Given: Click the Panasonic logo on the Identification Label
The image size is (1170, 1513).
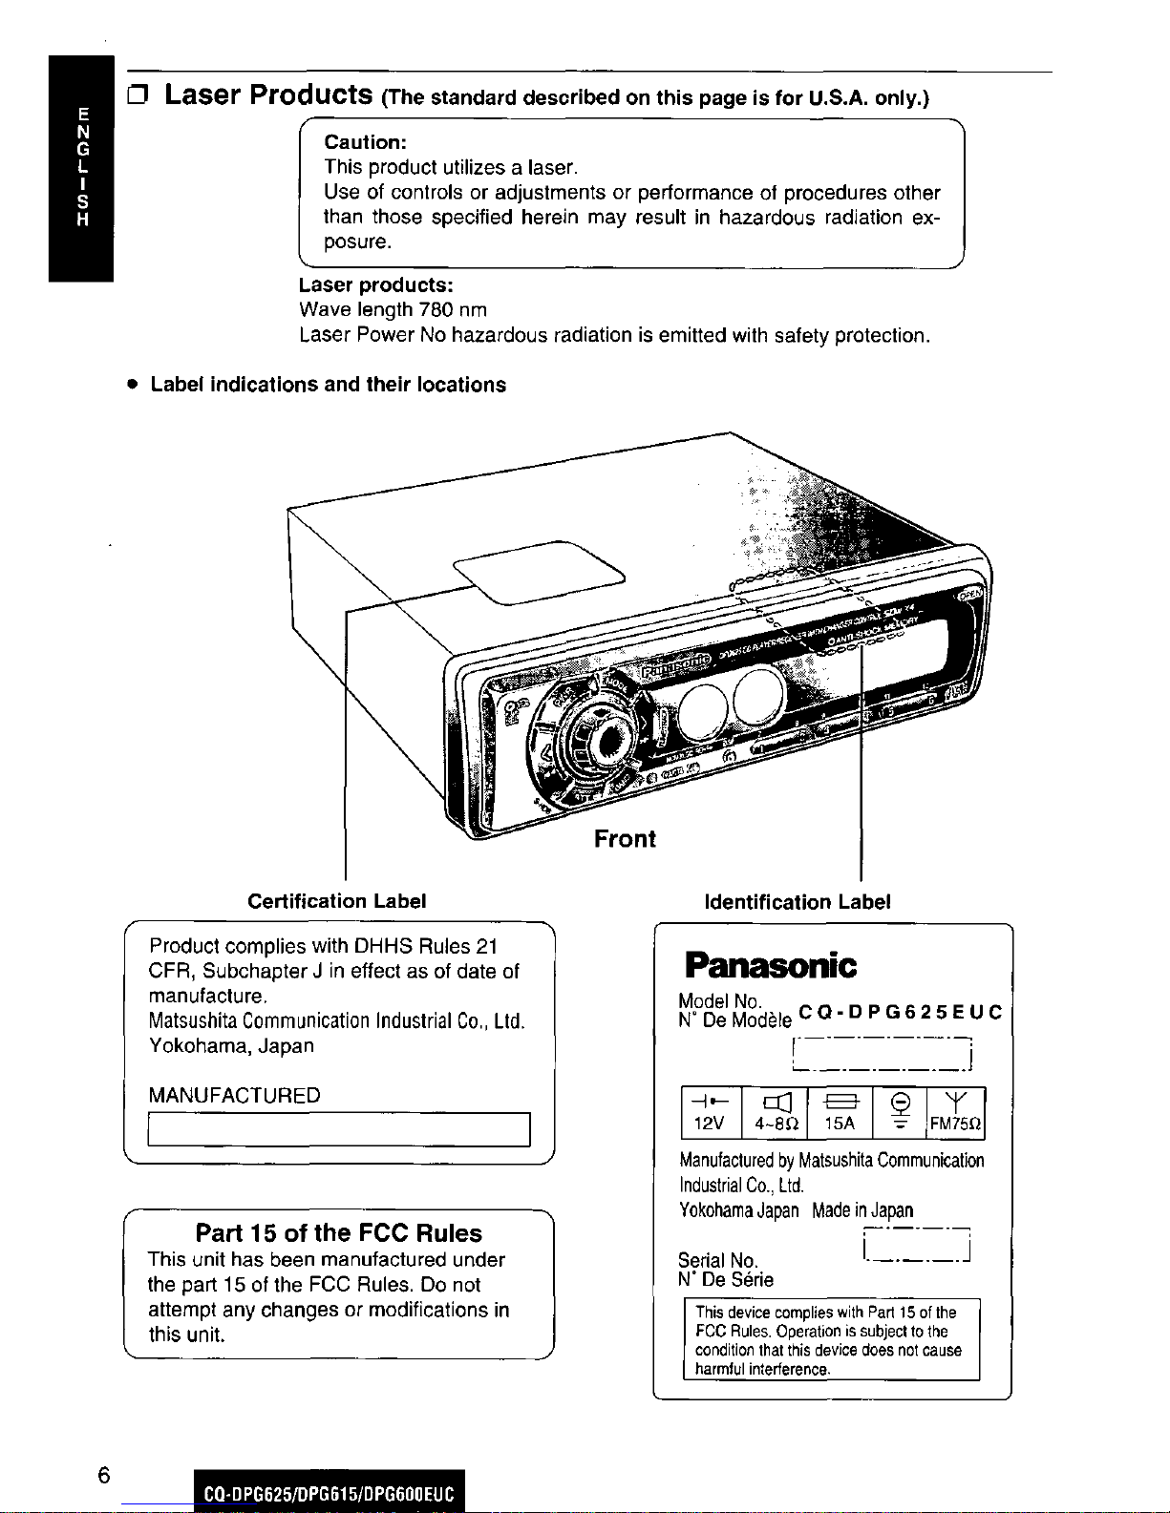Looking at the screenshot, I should click(x=770, y=965).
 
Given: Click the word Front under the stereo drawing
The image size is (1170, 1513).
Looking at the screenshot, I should click(x=625, y=839).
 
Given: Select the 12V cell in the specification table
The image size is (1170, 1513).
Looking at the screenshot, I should click(x=710, y=1113).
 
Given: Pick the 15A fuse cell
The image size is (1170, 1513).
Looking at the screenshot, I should click(x=840, y=1113).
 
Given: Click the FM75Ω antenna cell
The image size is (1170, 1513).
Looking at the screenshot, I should click(x=955, y=1113).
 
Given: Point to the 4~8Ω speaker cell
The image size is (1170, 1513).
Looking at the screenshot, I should click(x=775, y=1113).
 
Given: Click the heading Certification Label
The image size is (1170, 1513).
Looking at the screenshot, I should click(x=336, y=901).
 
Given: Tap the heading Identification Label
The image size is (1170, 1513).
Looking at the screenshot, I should click(x=797, y=902).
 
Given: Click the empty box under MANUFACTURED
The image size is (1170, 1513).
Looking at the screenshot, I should click(x=339, y=1129).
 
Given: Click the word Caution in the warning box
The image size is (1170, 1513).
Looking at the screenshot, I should click(x=366, y=142).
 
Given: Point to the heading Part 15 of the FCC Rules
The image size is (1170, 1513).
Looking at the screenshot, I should click(x=338, y=1232).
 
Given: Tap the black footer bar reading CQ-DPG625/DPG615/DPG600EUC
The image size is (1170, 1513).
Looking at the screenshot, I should click(x=330, y=1493).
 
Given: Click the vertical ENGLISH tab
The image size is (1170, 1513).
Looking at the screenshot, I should click(x=82, y=167).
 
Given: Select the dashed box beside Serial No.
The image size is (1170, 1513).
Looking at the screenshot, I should click(x=916, y=1245).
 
